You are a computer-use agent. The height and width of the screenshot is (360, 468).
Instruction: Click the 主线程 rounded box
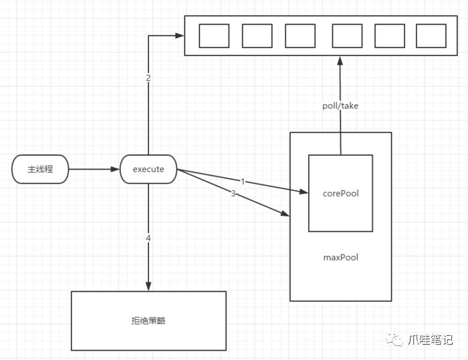pos(40,169)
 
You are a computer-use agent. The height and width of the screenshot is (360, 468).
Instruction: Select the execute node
pos(148,169)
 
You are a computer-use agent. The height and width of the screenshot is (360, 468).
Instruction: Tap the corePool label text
pos(340,193)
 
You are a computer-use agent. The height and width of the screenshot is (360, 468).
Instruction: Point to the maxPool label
pos(340,257)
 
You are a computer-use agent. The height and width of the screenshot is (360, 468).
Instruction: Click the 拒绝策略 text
pos(148,321)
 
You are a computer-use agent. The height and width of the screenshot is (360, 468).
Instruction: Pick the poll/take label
pos(340,106)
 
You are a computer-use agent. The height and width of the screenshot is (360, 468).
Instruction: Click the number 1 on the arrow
pos(243,182)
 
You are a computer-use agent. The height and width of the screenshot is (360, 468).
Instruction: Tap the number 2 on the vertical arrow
pos(148,78)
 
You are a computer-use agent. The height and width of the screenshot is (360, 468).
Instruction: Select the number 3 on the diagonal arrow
pos(233,193)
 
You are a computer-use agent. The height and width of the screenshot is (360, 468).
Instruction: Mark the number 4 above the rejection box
pos(148,238)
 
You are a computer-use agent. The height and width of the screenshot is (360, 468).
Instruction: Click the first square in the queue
pos(214,36)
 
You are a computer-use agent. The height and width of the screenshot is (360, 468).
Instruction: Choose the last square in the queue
pos(431,36)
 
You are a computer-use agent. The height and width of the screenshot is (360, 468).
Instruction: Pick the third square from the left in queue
pos(300,36)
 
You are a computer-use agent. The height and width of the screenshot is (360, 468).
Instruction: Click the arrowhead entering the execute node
pos(115,169)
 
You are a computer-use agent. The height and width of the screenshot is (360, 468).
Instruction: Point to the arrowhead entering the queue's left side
pos(180,35)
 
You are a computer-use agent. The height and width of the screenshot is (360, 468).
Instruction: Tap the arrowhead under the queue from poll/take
pos(340,61)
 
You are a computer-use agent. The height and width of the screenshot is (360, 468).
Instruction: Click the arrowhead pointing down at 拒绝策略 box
pos(148,287)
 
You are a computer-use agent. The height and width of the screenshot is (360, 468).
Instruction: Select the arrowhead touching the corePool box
pos(304,192)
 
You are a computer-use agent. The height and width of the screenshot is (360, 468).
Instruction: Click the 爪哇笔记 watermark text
pos(430,339)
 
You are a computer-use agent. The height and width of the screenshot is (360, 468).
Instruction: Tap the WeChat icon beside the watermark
pos(394,339)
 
